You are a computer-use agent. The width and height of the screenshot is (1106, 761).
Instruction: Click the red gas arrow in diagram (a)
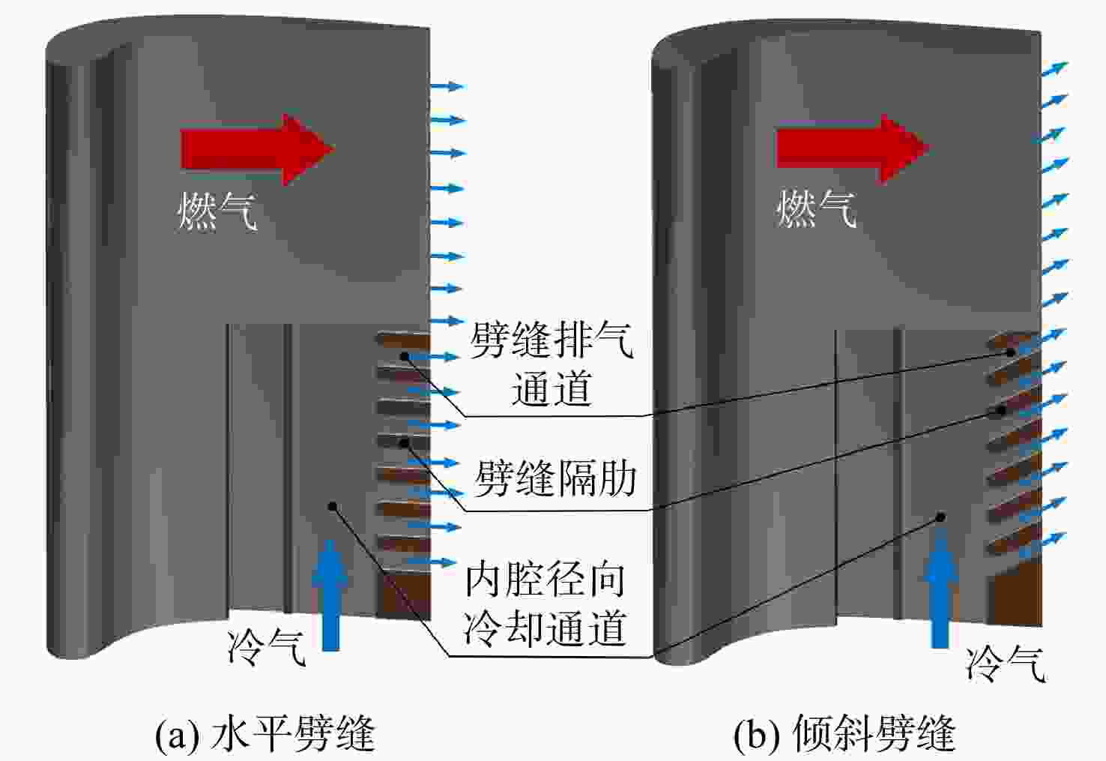click(x=257, y=149)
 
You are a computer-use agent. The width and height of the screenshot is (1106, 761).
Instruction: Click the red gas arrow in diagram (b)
click(x=853, y=148)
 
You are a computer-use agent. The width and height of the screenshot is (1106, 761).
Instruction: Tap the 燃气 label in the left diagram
click(x=217, y=211)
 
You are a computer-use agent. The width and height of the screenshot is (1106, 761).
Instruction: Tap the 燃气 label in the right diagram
click(x=817, y=209)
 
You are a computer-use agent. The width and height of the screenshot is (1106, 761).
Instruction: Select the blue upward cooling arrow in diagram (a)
click(x=330, y=595)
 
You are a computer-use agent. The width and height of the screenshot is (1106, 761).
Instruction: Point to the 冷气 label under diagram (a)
click(x=267, y=647)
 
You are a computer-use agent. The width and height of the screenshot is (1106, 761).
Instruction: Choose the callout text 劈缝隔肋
click(x=555, y=478)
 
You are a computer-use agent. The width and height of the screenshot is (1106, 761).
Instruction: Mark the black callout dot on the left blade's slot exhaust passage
click(x=405, y=356)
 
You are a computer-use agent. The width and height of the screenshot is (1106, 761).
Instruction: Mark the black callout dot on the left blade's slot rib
click(x=405, y=443)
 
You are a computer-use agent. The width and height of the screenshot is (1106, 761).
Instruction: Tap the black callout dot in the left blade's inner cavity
click(x=332, y=507)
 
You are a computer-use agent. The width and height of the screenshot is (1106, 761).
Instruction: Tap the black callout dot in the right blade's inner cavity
click(x=941, y=517)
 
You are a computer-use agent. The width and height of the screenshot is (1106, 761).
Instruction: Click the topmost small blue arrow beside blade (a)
click(x=448, y=86)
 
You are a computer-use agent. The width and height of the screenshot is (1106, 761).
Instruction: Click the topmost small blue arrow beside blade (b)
click(x=1054, y=69)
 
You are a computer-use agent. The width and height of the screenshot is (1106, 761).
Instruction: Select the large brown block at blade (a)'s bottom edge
click(x=403, y=595)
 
